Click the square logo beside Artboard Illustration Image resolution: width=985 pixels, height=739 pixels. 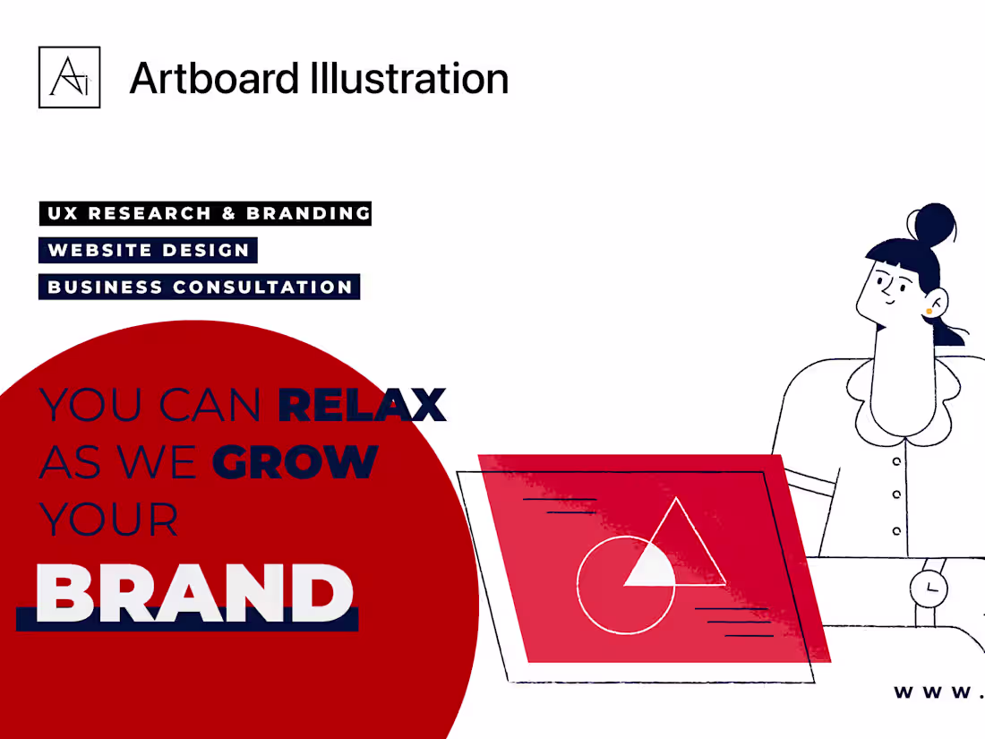click(69, 78)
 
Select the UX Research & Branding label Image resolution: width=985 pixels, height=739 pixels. click(205, 213)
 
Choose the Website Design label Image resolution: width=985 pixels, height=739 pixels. click(148, 250)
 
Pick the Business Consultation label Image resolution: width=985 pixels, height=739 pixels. click(199, 287)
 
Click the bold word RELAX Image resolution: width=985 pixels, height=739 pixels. click(361, 405)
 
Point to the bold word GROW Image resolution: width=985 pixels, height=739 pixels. click(295, 461)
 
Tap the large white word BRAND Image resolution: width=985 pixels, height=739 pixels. click(195, 593)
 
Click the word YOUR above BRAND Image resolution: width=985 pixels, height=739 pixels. click(108, 519)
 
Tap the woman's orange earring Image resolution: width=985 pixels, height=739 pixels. click(929, 311)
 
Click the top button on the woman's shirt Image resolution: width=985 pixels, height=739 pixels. click(896, 461)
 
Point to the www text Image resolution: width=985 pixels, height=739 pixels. click(937, 692)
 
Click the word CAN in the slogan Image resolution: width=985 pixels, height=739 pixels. click(210, 406)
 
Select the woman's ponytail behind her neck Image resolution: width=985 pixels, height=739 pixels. click(948, 331)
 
